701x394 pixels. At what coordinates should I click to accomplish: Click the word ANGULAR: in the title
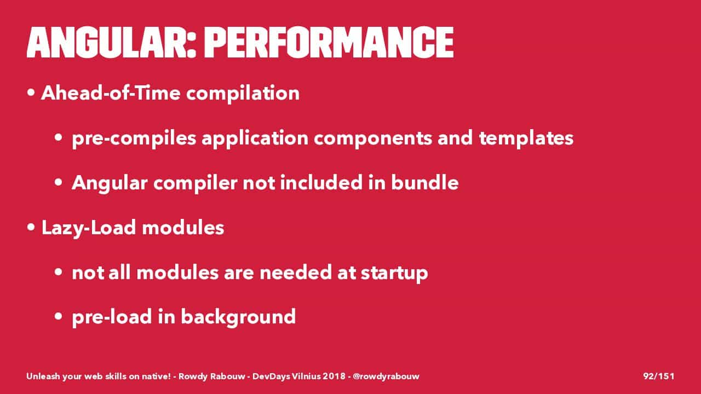pos(111,42)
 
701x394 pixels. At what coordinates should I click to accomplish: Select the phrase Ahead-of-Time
pos(111,93)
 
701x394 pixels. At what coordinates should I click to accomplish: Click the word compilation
pos(243,94)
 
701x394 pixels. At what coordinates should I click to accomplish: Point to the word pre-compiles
pos(134,138)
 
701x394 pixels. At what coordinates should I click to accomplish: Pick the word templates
pos(526,138)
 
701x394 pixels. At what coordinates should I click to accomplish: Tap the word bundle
pos(424,182)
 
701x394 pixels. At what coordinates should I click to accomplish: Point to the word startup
pos(394,273)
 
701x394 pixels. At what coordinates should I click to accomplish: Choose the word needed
pos(295,273)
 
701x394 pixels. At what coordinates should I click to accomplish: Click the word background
pos(238,317)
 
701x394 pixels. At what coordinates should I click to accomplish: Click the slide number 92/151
pos(659,376)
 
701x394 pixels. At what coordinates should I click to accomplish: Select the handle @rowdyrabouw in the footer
pos(386,376)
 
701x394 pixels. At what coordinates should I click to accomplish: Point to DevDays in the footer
pos(271,376)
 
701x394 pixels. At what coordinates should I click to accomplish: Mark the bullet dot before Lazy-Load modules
pos(31,227)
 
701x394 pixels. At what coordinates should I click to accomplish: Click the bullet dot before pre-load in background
pos(59,316)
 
